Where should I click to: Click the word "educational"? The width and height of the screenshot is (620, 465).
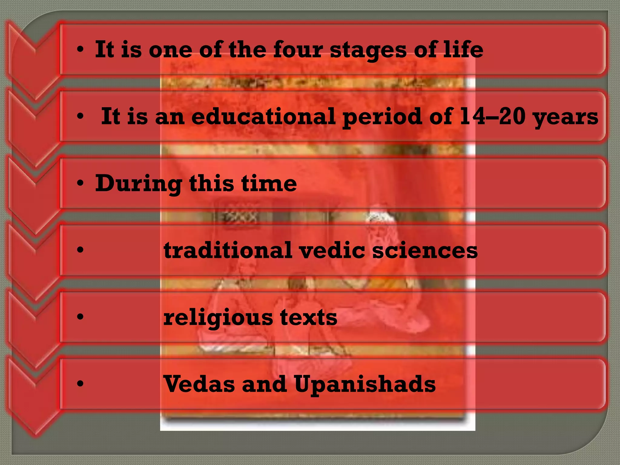coord(263,116)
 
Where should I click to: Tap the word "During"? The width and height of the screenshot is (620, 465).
coord(139,184)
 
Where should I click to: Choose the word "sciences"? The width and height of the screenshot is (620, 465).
coord(425,250)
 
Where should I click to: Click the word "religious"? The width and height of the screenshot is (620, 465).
coord(218,318)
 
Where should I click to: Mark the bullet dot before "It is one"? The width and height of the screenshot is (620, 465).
coord(80,49)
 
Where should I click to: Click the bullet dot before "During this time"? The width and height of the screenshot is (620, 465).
coord(80,183)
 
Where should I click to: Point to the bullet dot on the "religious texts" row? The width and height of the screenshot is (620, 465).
coord(80,317)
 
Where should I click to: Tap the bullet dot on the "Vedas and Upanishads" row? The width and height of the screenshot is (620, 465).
coord(80,384)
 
